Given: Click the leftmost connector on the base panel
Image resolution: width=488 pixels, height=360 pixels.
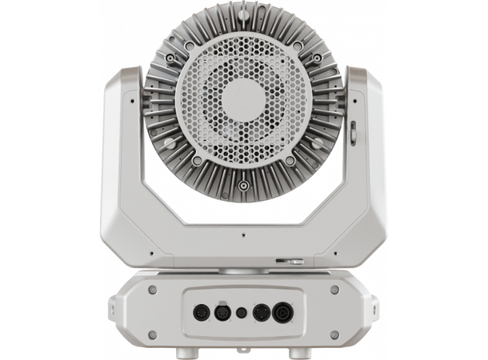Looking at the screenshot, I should pos(202,312).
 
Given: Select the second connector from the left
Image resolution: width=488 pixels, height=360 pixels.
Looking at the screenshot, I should pos(222,312).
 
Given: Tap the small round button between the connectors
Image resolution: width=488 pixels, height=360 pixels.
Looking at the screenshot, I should pos(242,313).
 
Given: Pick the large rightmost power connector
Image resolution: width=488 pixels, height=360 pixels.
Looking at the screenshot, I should pos(282,312).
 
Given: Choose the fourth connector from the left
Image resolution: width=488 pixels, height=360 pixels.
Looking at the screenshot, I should pos(261,312).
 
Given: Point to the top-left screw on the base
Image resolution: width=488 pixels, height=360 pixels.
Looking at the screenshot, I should pos(153,290).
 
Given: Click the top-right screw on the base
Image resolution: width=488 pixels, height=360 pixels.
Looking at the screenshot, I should pos(334,290).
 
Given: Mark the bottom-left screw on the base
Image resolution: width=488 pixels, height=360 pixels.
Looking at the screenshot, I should pos(153,334).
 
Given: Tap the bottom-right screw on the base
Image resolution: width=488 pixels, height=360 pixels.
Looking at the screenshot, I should pos(334,334).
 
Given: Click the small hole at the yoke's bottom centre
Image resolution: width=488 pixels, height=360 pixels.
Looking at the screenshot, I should pos(243,235).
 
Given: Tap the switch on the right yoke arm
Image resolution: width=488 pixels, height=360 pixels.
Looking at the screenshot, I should pos(352,132).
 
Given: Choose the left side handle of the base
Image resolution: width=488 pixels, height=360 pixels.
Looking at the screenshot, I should pos(114,309).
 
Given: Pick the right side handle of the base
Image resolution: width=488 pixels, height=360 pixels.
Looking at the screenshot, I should pos(374,309).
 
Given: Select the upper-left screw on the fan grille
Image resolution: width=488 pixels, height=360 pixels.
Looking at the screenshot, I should pos(190,46).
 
